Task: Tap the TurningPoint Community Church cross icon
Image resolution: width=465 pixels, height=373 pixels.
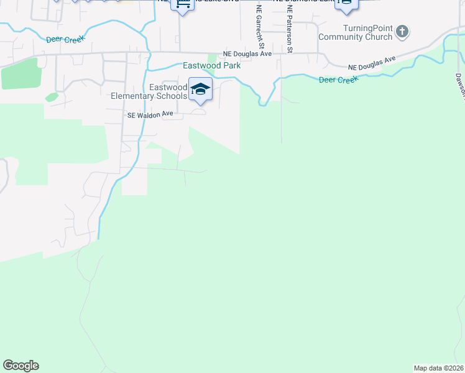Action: coord(402,30)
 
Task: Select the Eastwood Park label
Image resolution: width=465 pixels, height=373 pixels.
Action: coord(211,65)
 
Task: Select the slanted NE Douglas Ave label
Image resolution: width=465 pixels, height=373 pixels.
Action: coord(371,63)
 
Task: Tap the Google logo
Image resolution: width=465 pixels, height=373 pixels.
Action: coord(21,366)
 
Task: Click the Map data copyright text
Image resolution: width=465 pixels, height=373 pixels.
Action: coord(438,368)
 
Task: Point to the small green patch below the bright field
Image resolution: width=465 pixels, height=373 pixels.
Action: coord(51,97)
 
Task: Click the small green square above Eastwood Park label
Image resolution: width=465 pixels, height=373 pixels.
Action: coord(211,57)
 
